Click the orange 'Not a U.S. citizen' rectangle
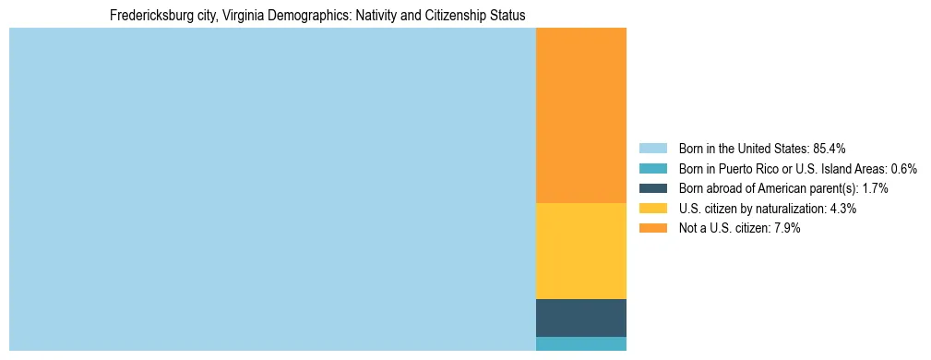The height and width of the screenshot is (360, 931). (580, 115)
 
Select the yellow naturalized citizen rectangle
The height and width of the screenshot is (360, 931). (580, 250)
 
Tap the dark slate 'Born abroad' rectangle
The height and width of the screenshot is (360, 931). (580, 318)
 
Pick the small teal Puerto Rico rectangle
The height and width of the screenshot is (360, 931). (580, 343)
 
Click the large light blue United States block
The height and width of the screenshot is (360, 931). (272, 189)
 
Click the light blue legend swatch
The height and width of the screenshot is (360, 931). (652, 149)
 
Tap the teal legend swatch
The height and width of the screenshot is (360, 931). (652, 169)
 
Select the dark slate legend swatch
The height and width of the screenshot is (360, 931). (652, 188)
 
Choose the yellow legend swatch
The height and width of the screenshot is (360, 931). (652, 209)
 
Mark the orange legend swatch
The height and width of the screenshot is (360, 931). (652, 228)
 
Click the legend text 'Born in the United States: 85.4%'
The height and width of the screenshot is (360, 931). (761, 149)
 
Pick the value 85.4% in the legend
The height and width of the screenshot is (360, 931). (829, 149)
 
